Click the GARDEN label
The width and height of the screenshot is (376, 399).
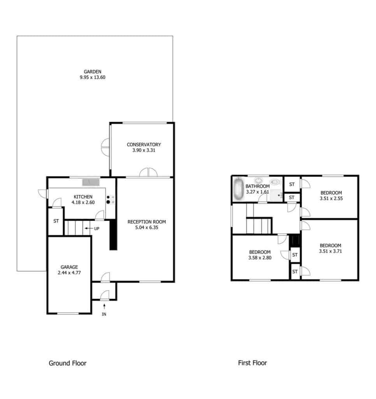[93, 72]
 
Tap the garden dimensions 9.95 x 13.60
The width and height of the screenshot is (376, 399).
[93, 78]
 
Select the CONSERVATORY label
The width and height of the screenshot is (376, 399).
[144, 145]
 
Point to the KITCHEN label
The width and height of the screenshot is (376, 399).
[83, 197]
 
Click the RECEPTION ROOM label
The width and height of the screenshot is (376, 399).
[147, 222]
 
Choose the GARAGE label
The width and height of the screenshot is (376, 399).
[69, 267]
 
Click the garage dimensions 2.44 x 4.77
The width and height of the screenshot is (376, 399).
[69, 272]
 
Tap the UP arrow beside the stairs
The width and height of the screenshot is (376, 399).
[89, 228]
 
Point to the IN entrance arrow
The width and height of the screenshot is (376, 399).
[104, 306]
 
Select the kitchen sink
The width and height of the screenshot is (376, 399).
[91, 182]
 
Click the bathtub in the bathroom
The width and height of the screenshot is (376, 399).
[239, 189]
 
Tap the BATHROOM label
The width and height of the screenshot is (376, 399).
[258, 186]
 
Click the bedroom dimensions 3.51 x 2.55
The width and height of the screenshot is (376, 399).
[331, 198]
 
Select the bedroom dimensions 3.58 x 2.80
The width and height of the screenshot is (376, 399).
[260, 258]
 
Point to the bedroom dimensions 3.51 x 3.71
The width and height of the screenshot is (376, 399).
[330, 251]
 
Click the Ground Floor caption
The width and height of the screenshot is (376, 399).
[68, 363]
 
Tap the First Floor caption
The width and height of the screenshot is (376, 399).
[253, 363]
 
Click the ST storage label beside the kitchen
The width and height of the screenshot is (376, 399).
[56, 221]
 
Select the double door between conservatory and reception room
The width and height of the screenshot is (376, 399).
[148, 172]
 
